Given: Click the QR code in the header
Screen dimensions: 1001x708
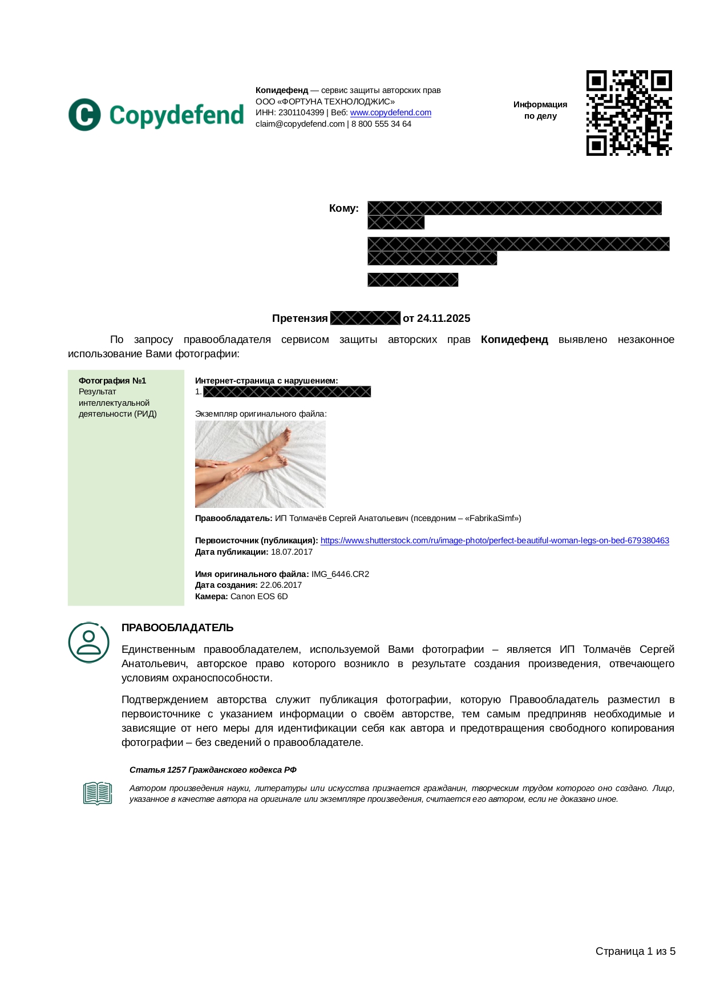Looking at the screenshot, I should (629, 113).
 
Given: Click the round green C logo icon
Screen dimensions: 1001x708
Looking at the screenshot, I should (84, 115).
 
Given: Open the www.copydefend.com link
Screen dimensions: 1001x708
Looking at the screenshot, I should (390, 113).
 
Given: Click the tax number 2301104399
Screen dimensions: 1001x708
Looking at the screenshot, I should (301, 113).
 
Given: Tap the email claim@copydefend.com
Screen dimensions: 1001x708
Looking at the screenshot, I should (300, 124).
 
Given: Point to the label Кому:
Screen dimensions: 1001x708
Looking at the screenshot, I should (343, 208).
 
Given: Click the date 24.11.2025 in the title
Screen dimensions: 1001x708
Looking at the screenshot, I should (443, 318).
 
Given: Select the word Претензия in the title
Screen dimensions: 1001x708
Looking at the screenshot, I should (300, 318).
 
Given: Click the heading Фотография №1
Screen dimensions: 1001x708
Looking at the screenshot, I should (112, 381).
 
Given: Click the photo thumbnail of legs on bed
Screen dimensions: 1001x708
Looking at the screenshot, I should (260, 464).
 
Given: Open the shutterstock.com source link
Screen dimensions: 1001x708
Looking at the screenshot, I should (495, 540).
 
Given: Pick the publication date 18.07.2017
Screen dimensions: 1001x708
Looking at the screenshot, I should (292, 552).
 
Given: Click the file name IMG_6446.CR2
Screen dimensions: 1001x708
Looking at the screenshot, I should (340, 574).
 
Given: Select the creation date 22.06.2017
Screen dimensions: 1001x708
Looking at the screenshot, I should (281, 585).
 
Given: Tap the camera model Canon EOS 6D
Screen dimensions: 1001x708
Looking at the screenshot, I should (259, 596).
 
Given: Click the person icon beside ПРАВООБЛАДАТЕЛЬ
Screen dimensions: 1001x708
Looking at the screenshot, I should (88, 643).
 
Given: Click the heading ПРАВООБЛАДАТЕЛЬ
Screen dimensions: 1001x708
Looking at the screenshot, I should (177, 628).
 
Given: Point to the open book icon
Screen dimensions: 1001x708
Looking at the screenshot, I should (98, 793).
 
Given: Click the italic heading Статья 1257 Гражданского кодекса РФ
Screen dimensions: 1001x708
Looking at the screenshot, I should (213, 770).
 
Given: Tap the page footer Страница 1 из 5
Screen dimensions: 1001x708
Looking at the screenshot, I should (635, 951).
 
